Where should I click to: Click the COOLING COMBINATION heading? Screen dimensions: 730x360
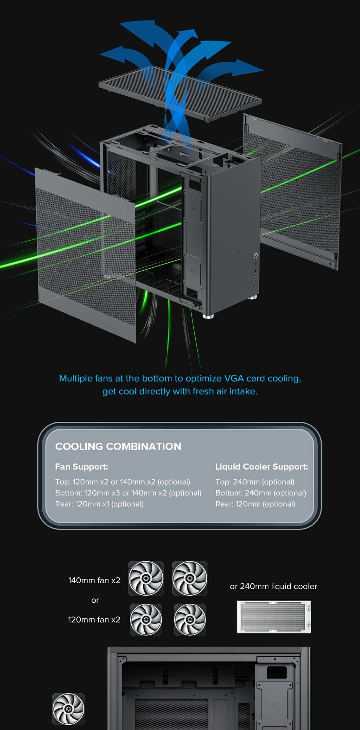coord(118,446)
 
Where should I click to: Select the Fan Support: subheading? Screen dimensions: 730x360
coord(82,467)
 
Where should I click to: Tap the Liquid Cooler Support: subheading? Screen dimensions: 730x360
coord(262,467)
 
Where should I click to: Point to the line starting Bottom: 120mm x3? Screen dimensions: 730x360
coord(128,493)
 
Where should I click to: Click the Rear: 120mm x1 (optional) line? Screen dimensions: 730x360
coord(99,504)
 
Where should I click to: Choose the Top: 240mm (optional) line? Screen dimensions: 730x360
coord(255,482)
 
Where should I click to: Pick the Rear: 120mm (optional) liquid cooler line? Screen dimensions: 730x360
coord(255,504)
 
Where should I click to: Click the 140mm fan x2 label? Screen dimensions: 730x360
coord(94,580)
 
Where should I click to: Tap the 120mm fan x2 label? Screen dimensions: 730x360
coord(94,619)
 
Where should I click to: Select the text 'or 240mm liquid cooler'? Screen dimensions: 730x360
coord(273,586)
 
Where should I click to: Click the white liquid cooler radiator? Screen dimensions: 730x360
coord(274,617)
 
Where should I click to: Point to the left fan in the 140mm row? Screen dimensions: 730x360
coord(146,578)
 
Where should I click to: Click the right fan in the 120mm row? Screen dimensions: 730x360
coord(190,619)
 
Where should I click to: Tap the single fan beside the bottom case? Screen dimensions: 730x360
coord(68,709)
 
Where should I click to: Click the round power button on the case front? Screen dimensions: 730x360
coord(256,256)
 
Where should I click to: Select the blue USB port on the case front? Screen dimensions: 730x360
coord(256,280)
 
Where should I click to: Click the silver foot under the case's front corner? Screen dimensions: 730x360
coord(208,316)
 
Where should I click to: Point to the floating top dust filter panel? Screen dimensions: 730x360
coord(180,93)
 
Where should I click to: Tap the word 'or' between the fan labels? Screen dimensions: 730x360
coord(95,600)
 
